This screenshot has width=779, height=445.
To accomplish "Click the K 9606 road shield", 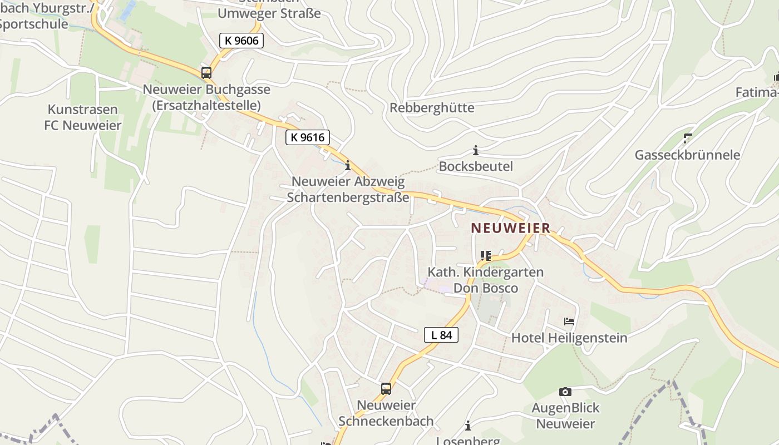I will pyautogui.click(x=241, y=41).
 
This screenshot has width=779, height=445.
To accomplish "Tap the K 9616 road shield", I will pyautogui.click(x=308, y=137).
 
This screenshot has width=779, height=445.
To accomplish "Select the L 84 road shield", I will pyautogui.click(x=441, y=335).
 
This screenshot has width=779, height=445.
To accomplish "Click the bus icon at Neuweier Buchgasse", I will pyautogui.click(x=206, y=73).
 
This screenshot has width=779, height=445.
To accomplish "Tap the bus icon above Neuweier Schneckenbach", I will pyautogui.click(x=386, y=389).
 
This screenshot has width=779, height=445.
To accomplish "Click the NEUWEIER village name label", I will pyautogui.click(x=510, y=228).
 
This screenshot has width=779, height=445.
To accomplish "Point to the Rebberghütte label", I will pyautogui.click(x=432, y=108).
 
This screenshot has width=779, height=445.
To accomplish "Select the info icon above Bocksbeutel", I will pyautogui.click(x=476, y=150).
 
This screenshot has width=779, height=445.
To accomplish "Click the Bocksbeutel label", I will pyautogui.click(x=476, y=166).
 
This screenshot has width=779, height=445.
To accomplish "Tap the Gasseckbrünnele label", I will pyautogui.click(x=688, y=155).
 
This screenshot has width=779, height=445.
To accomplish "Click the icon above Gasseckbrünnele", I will pyautogui.click(x=688, y=138).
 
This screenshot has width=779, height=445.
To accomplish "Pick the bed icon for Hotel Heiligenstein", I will pyautogui.click(x=569, y=322).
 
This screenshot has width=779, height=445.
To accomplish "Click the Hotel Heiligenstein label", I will pyautogui.click(x=569, y=338).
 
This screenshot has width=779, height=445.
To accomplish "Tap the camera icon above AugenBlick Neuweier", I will pyautogui.click(x=565, y=392).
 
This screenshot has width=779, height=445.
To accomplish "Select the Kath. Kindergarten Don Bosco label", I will pyautogui.click(x=485, y=280).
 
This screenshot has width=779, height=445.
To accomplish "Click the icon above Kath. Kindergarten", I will pyautogui.click(x=485, y=256).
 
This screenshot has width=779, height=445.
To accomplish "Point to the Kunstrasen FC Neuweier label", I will pyautogui.click(x=82, y=117).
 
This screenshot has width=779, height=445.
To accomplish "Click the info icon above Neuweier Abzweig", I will pyautogui.click(x=348, y=165).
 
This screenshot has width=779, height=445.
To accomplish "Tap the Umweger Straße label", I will pyautogui.click(x=269, y=13).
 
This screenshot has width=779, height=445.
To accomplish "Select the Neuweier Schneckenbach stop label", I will pyautogui.click(x=386, y=413).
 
